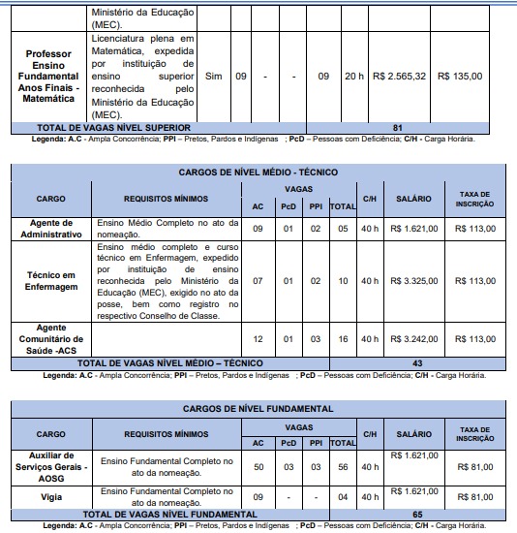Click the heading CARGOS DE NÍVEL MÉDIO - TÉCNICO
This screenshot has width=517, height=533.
point(258,171)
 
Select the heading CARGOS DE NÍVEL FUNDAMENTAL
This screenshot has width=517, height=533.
point(258,407)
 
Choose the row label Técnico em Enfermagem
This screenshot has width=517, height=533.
point(51,281)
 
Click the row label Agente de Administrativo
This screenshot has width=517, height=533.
point(51,228)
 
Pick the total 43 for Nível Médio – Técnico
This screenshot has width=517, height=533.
point(417,362)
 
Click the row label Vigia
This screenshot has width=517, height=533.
point(51,497)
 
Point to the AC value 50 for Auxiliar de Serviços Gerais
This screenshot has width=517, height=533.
point(258,466)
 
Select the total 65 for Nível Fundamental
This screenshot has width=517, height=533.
point(417,515)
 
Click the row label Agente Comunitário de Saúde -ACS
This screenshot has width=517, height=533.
point(51,339)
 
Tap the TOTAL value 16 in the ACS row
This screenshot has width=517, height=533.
point(342,339)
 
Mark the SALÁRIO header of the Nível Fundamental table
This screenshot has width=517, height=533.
point(413,433)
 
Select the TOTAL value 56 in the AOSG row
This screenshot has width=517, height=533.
point(342,466)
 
